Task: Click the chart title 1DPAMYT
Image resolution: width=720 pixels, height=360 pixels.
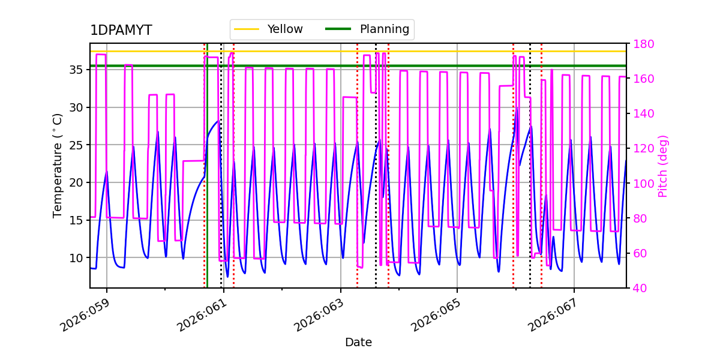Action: click(x=121, y=31)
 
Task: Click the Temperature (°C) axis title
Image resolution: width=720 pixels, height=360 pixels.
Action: click(x=58, y=165)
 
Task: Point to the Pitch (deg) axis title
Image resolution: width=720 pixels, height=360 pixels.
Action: click(x=663, y=166)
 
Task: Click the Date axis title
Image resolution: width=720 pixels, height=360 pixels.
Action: click(x=358, y=343)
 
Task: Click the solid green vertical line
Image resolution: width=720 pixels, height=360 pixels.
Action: click(x=207, y=180)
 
